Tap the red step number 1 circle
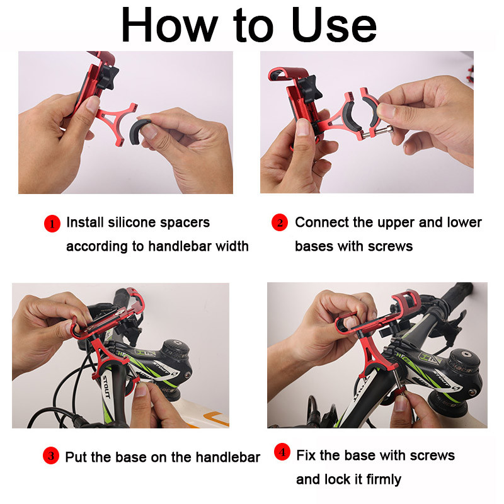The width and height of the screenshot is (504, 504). [x=52, y=224]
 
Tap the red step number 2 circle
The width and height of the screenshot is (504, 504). [x=280, y=223]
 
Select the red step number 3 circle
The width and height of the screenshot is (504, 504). [x=51, y=456]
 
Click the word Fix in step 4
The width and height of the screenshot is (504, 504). [x=307, y=455]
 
